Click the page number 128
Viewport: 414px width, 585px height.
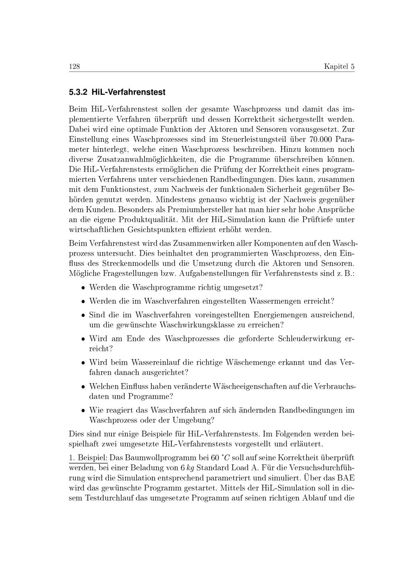point(74,67)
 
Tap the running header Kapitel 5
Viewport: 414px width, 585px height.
point(339,67)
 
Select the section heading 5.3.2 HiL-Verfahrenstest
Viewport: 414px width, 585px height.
point(117,92)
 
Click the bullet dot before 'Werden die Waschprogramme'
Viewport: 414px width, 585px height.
point(83,288)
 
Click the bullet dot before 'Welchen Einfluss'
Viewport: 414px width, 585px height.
point(83,386)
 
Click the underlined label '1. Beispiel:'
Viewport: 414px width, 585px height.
point(88,458)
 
